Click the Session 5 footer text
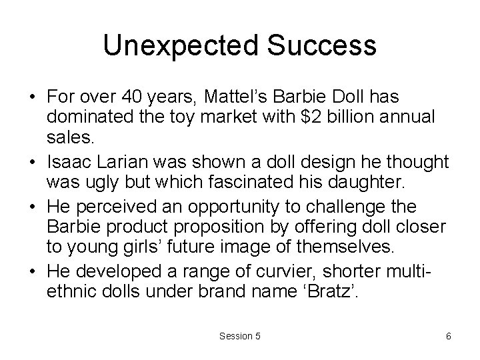pyautogui.click(x=239, y=336)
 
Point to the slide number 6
pyautogui.click(x=449, y=336)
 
